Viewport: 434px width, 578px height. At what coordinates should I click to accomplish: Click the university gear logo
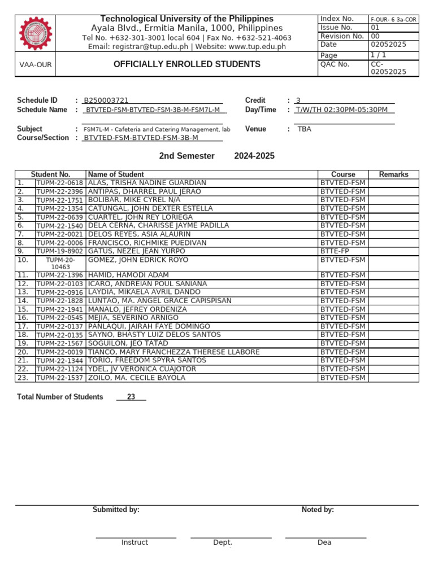[36, 34]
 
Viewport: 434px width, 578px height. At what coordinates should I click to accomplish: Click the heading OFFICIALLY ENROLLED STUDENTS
[187, 64]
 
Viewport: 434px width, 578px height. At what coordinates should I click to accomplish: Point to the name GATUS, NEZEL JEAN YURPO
[137, 251]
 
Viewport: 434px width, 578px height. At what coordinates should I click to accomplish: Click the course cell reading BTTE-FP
[335, 251]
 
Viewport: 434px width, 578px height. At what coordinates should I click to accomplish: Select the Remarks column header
[393, 174]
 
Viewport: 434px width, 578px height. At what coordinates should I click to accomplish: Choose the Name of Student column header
[116, 174]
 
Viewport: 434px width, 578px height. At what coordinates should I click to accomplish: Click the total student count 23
[131, 397]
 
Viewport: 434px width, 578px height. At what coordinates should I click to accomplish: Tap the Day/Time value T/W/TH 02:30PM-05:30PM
[342, 110]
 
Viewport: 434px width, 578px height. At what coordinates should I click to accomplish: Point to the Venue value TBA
[305, 129]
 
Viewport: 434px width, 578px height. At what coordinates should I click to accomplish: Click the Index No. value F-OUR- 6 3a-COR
[393, 19]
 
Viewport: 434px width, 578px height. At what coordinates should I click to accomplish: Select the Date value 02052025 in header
[388, 45]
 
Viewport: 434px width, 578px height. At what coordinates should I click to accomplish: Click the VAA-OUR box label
[36, 65]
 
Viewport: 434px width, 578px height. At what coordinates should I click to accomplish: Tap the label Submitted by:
[116, 510]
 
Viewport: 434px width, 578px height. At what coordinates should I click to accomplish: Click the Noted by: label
[318, 510]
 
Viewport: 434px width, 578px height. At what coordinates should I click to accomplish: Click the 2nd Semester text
[186, 156]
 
